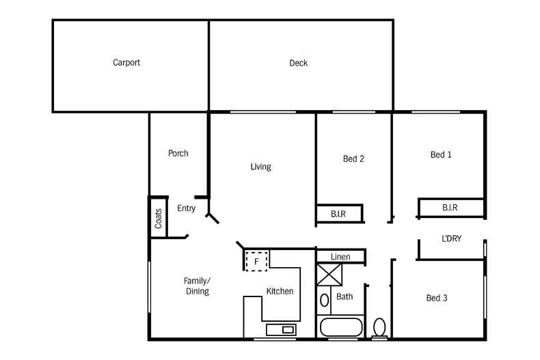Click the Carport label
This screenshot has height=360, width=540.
point(126,63)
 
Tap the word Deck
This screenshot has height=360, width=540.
point(299,64)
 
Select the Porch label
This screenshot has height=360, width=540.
point(178,154)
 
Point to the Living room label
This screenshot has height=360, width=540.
point(260,167)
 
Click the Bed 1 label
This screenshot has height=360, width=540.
point(441,155)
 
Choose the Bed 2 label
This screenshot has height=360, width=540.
point(353,159)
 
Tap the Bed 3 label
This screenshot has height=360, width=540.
point(437,298)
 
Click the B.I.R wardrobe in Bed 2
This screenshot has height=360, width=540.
point(339,214)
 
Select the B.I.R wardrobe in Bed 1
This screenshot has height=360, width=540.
point(450,208)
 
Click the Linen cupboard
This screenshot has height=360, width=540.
point(340,257)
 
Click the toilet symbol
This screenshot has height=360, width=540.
point(380,327)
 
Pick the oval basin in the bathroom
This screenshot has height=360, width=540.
point(325,300)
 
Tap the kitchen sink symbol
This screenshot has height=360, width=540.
point(280,330)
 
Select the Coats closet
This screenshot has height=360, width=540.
point(159,218)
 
